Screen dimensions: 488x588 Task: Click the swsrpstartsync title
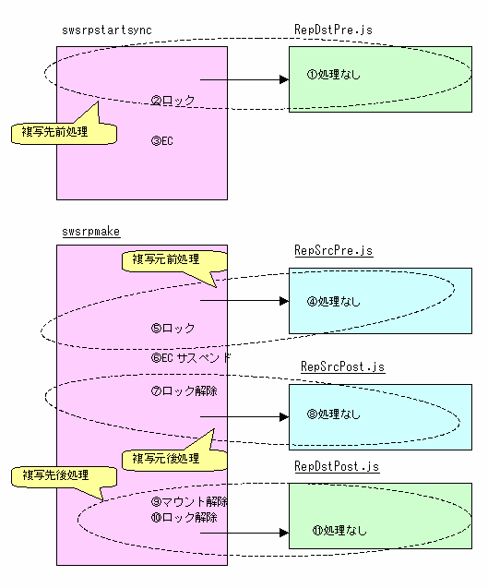click(x=107, y=30)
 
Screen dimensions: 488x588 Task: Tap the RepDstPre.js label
click(x=333, y=30)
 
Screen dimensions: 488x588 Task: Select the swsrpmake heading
click(x=91, y=232)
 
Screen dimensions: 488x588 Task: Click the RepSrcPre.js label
click(x=334, y=250)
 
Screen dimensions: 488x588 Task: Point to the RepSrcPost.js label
click(x=343, y=366)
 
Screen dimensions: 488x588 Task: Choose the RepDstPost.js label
click(x=337, y=466)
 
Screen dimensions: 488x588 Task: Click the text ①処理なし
click(x=334, y=75)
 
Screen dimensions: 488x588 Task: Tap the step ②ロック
click(x=173, y=100)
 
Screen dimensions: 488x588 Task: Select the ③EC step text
click(x=162, y=141)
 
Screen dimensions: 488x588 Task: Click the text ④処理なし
click(x=334, y=301)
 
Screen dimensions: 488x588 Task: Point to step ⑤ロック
click(x=173, y=328)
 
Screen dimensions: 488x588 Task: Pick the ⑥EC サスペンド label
click(x=191, y=358)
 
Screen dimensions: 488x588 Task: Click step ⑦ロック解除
click(x=184, y=391)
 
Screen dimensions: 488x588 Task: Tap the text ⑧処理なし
click(x=334, y=414)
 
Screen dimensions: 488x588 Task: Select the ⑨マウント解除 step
click(x=189, y=501)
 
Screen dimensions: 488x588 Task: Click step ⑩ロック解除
click(x=184, y=518)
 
